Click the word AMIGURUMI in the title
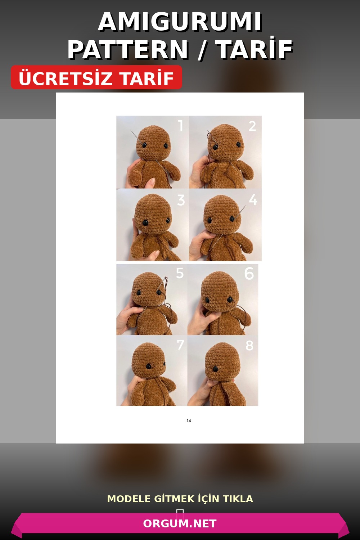(180, 22)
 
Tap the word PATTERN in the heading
(128, 49)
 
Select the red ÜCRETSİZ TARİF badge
(96, 78)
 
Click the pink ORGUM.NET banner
(180, 523)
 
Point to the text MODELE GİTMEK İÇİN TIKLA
(180, 499)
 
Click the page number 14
(189, 421)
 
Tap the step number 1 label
(181, 126)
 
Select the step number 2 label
(252, 126)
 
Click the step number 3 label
(181, 201)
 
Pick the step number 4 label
(253, 200)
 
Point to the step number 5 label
(180, 274)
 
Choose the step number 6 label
(249, 274)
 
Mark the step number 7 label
(180, 345)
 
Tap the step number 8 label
(249, 346)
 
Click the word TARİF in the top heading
(254, 49)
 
